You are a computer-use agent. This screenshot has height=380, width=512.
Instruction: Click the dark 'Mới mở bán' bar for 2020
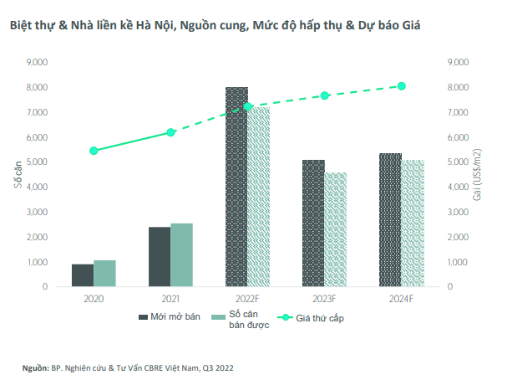(x=83, y=275)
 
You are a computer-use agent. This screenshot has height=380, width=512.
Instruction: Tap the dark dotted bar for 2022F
(x=236, y=187)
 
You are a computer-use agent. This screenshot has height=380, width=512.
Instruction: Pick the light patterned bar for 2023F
(x=336, y=229)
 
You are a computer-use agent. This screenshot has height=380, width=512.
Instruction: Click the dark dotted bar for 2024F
(x=390, y=220)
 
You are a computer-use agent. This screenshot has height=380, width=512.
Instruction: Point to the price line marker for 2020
(x=94, y=151)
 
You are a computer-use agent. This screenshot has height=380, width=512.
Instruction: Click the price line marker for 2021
(x=170, y=132)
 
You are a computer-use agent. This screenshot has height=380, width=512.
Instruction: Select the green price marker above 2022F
(x=247, y=106)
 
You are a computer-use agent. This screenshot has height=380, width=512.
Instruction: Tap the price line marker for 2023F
(x=325, y=95)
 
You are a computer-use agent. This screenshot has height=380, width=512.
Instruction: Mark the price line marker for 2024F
(x=402, y=86)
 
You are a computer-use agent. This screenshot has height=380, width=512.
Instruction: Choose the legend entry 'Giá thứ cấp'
(x=312, y=318)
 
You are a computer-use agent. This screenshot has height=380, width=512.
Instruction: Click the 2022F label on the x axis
(x=247, y=298)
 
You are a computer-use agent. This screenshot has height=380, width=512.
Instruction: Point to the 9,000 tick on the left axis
(x=37, y=62)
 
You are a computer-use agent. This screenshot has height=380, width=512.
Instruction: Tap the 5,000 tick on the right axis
(x=459, y=162)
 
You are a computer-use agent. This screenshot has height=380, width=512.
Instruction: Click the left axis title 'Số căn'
(x=17, y=174)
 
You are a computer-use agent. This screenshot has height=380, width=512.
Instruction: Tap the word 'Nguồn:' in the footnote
(x=35, y=367)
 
